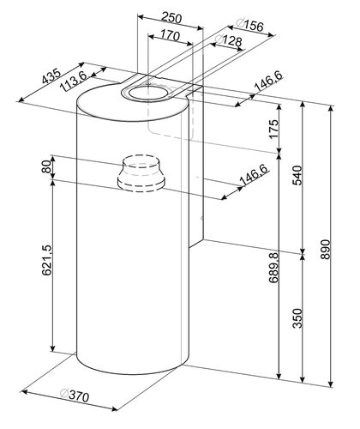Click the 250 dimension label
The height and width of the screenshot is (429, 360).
tap(171, 18)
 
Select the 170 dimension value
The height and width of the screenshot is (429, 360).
tap(170, 35)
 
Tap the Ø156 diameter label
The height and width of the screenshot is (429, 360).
tap(249, 25)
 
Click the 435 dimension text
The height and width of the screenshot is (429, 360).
tap(51, 76)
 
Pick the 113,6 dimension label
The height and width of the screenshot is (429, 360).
tap(74, 81)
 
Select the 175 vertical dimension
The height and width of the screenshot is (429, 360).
tap(273, 129)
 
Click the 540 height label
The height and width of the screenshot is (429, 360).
tap(297, 175)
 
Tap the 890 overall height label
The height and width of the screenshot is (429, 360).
tap(325, 250)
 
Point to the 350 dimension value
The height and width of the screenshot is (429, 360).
tap(297, 318)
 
